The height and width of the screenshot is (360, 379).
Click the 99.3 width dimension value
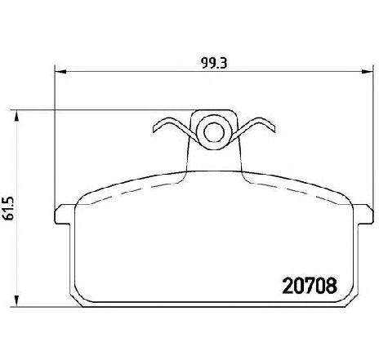tap(214, 64)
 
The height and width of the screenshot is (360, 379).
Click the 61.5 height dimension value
tap(9, 208)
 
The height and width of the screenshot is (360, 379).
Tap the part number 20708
tap(310, 286)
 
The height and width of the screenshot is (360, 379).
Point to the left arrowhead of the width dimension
tap(60, 72)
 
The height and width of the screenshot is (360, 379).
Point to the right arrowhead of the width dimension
tap(367, 72)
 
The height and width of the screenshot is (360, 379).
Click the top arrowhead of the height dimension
tap(17, 116)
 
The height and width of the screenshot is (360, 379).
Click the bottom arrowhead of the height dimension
tap(17, 301)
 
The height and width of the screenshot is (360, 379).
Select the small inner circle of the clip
tap(214, 132)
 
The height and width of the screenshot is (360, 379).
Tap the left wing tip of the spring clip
tap(154, 129)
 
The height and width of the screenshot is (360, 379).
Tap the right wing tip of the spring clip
tap(274, 129)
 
